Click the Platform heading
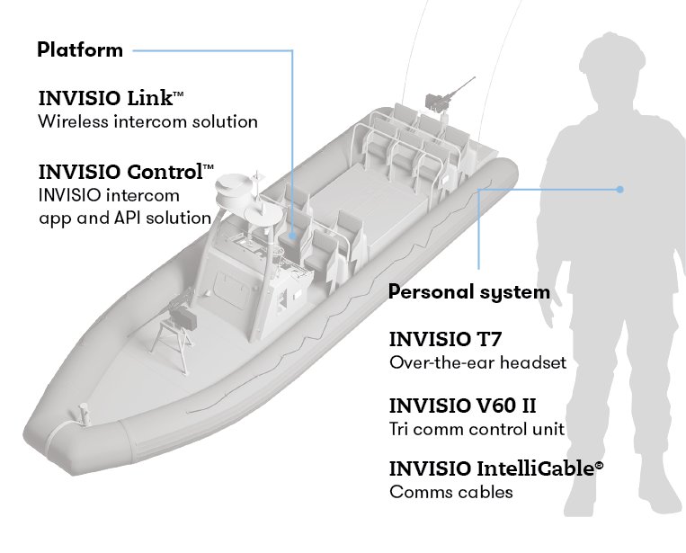tap(80, 50)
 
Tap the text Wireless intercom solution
tap(147, 121)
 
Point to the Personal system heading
tap(468, 292)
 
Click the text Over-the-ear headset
tap(477, 363)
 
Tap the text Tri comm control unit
tap(477, 429)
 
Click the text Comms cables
tap(450, 493)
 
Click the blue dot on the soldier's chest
tap(619, 190)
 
